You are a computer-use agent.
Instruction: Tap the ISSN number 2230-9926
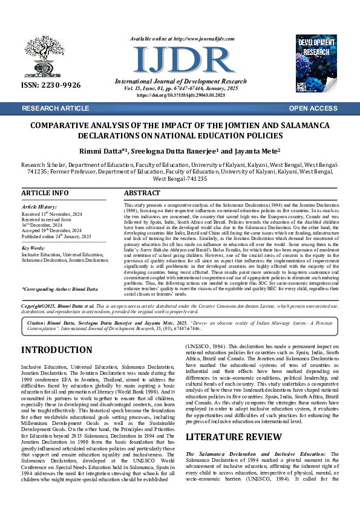pyautogui.click(x=51, y=85)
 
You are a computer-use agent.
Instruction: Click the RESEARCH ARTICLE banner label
pyautogui.click(x=55, y=108)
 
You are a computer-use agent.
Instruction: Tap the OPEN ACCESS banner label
pyautogui.click(x=313, y=108)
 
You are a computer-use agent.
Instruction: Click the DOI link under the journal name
pyautogui.click(x=180, y=96)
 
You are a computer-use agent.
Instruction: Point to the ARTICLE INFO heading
pyautogui.click(x=45, y=193)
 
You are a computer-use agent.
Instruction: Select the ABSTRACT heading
pyautogui.click(x=142, y=193)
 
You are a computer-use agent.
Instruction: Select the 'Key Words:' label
pyautogui.click(x=33, y=248)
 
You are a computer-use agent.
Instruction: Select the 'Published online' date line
pyautogui.click(x=56, y=236)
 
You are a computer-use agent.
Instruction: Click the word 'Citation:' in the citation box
pyautogui.click(x=40, y=323)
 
